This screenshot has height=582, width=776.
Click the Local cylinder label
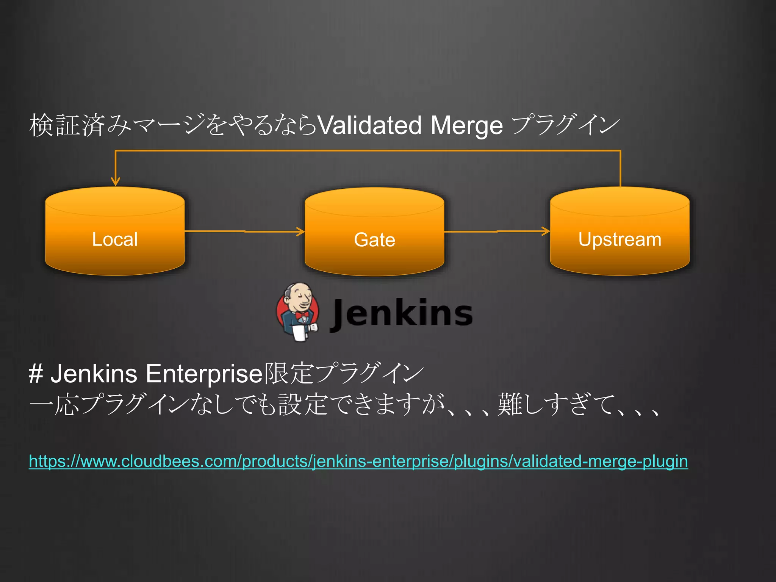point(115,239)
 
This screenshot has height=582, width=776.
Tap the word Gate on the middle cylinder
point(374,240)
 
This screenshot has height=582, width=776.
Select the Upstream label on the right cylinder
point(620,239)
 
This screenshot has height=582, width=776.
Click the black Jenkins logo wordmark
point(402,313)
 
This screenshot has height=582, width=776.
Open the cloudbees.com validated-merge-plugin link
point(358,461)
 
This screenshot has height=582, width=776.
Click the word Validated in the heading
point(369,125)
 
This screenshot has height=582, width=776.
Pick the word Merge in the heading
point(466,125)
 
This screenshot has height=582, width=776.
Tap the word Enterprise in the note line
point(204,374)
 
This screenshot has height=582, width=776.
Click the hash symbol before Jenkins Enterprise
point(36,374)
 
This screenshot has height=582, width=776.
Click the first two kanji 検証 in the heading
point(55,125)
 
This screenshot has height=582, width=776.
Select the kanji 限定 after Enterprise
point(288,374)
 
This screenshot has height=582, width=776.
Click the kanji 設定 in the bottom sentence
point(302,404)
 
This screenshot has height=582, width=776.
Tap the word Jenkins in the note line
point(94,374)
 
